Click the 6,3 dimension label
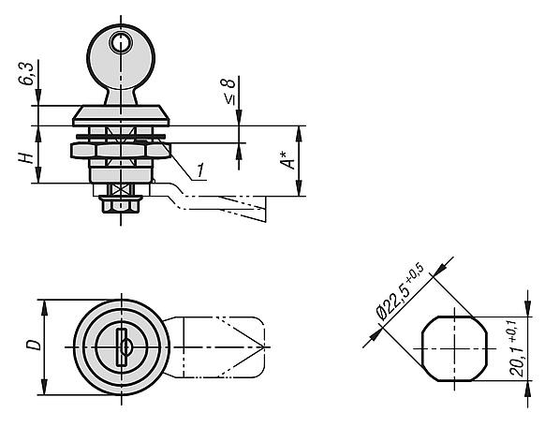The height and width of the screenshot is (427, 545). coord(26,74)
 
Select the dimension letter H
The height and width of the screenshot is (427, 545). coord(26,157)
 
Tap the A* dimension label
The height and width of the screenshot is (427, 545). coord(287,160)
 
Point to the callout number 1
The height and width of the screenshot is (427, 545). coord(199,170)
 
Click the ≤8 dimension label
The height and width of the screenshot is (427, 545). coord(228,91)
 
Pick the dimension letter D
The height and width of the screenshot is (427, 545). coord(34,346)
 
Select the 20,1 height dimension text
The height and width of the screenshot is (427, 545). coord(517,349)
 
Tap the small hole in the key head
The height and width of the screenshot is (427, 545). coord(121,42)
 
